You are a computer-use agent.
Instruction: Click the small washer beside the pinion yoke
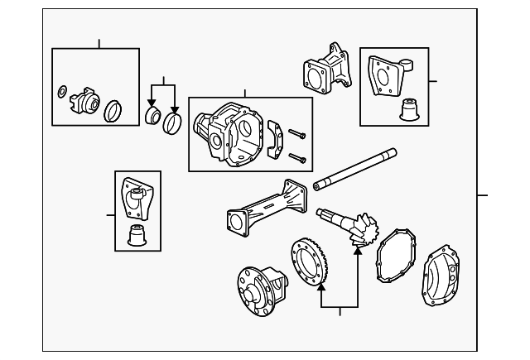(63, 90)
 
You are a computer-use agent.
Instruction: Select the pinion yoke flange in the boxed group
(85, 101)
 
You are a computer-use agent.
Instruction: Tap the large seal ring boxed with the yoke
(113, 110)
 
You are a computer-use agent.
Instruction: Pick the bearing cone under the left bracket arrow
(152, 114)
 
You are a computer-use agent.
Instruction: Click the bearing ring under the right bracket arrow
(173, 122)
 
